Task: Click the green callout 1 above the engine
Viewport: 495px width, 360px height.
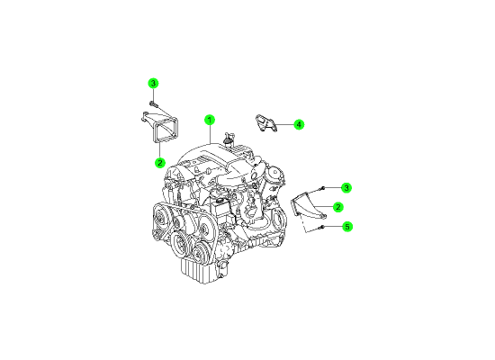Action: click(210, 120)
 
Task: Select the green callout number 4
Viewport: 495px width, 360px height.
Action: click(299, 124)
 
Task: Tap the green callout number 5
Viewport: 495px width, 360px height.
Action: click(347, 227)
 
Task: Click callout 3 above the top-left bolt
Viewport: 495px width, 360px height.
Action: click(153, 84)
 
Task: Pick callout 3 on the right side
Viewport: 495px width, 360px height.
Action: click(346, 188)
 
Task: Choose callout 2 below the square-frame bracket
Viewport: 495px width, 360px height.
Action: click(160, 163)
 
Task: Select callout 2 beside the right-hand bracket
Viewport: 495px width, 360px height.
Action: click(338, 207)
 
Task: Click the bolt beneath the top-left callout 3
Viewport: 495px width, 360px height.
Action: click(153, 103)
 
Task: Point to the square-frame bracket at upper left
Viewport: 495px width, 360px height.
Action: click(161, 128)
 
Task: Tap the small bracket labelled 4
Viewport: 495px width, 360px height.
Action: click(265, 123)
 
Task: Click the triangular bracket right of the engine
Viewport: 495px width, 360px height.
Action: click(307, 206)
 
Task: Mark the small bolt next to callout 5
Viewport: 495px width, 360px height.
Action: click(321, 227)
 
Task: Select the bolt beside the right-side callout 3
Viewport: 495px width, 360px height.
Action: click(322, 188)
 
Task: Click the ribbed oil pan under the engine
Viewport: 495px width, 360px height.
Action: click(196, 272)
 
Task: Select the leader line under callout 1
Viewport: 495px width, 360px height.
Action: click(210, 134)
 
